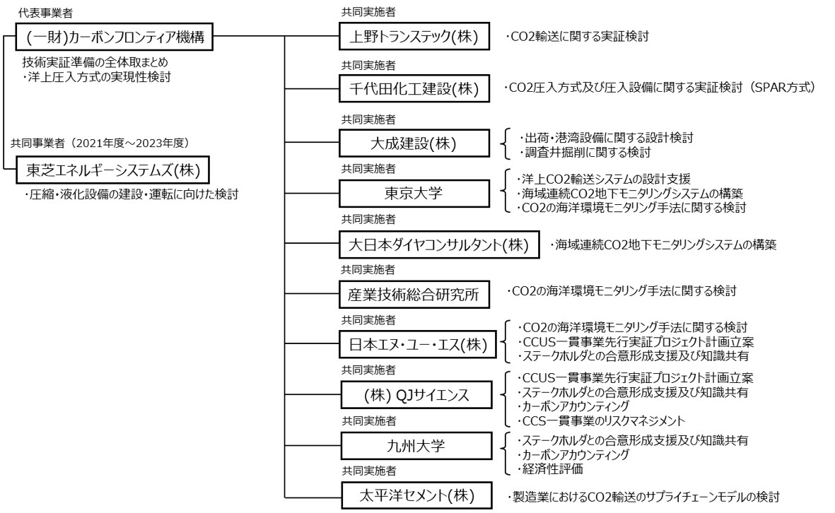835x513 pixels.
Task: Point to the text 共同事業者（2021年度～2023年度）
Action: tap(100, 143)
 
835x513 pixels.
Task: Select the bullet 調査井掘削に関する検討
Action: tap(585, 152)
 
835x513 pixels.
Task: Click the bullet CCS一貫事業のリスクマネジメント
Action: tap(601, 421)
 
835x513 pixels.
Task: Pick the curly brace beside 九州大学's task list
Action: tap(504, 454)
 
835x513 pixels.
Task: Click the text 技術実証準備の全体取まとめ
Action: tap(95, 62)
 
